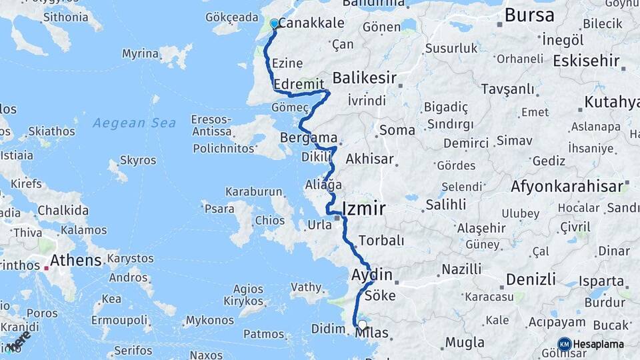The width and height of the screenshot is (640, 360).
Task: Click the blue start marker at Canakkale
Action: coord(274,24)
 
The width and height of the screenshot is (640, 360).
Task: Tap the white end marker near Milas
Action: coord(362,325)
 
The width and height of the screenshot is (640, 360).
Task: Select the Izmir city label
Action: coord(363,209)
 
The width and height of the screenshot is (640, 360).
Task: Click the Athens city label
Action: coord(76,260)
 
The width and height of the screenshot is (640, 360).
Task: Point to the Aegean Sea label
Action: coord(134,123)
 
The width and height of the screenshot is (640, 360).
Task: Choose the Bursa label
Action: coord(529,15)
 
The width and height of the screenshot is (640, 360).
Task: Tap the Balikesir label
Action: coord(365,78)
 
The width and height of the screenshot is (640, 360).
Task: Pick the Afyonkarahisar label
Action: coord(567,187)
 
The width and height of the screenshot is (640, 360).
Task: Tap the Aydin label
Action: coord(371,275)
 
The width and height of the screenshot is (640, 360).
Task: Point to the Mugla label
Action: coord(465,343)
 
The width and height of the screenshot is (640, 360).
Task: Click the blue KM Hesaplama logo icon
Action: coord(564,344)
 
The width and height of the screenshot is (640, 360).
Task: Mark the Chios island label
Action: coord(270,221)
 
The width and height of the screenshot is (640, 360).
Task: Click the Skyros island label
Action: coord(138,161)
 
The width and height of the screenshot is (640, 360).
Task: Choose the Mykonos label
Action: coord(210,321)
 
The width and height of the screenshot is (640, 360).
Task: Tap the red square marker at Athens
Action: coord(46,268)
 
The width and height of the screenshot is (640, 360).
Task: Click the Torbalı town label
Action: coord(381,240)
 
